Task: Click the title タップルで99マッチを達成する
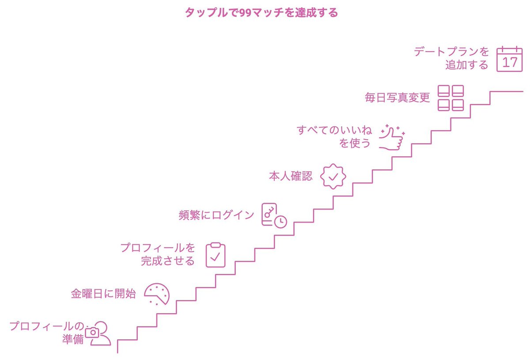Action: tap(261, 12)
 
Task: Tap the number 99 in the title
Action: tap(245, 13)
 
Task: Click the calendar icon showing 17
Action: tap(509, 59)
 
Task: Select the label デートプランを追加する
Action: tap(451, 58)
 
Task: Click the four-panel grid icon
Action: tap(450, 98)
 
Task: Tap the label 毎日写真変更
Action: tap(397, 98)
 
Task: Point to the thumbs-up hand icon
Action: tap(392, 137)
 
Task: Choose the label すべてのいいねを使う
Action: tap(334, 136)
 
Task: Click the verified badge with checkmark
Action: tap(333, 176)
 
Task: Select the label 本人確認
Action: tap(291, 176)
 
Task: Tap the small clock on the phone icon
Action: tap(280, 222)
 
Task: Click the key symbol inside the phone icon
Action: tap(269, 212)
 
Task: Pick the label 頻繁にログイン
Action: tap(216, 215)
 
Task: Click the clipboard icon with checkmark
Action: tap(216, 255)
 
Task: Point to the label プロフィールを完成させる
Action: tap(158, 254)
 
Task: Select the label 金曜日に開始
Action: tap(103, 294)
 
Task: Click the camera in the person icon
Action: tap(92, 333)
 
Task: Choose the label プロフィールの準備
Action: tap(47, 333)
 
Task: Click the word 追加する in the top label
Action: tap(467, 64)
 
